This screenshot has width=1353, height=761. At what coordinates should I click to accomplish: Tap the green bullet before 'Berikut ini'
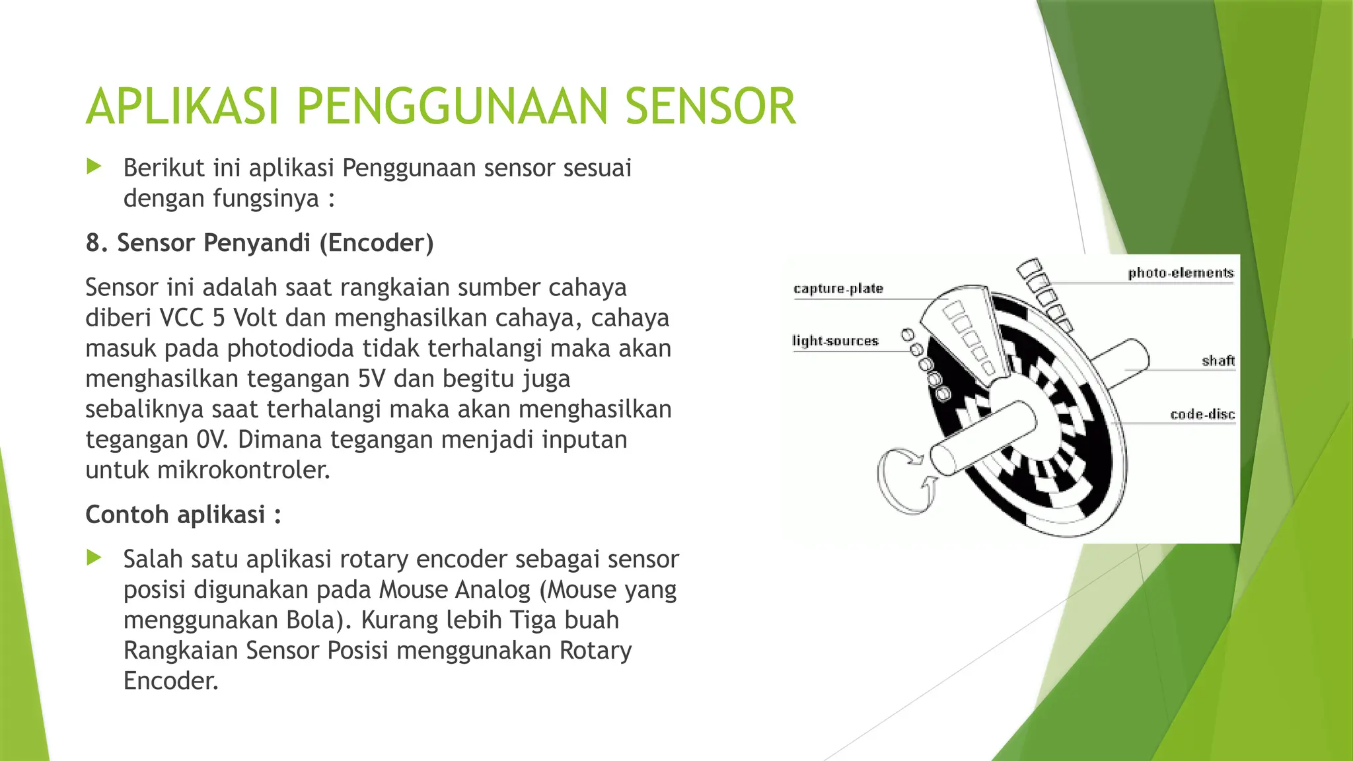click(94, 166)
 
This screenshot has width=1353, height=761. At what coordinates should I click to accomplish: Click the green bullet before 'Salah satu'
click(94, 558)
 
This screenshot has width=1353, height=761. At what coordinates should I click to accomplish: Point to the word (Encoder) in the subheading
click(377, 243)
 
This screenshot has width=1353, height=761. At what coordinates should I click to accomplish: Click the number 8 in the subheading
click(93, 243)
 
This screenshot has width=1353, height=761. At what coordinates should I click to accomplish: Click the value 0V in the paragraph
click(211, 439)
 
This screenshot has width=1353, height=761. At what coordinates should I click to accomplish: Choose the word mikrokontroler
click(243, 470)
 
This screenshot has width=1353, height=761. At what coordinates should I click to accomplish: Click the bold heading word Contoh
click(127, 515)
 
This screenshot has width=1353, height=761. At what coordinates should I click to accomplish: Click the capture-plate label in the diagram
click(838, 289)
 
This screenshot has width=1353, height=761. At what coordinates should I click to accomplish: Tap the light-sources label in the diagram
click(835, 341)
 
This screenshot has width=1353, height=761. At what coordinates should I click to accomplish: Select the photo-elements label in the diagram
click(1180, 273)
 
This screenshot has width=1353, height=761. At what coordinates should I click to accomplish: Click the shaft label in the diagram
click(1218, 361)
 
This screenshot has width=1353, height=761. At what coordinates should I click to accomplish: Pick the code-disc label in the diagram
click(1202, 414)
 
